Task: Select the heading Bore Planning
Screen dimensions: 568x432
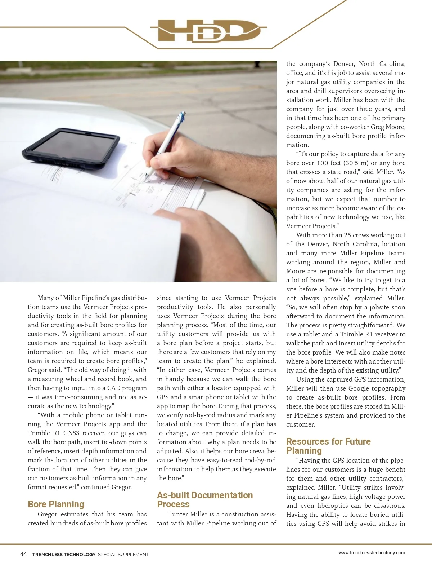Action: pyautogui.click(x=56, y=504)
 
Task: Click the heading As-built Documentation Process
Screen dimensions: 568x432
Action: pyautogui.click(x=205, y=499)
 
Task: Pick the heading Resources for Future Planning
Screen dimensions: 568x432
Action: pyautogui.click(x=328, y=446)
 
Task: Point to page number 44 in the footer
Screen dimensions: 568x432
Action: pyautogui.click(x=23, y=554)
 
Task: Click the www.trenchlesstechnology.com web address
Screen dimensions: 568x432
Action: pyautogui.click(x=372, y=552)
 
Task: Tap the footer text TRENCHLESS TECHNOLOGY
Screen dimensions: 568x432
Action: pyautogui.click(x=64, y=555)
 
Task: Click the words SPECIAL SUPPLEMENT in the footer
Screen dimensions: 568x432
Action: pyautogui.click(x=123, y=555)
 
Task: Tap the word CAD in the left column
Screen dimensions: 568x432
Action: pyautogui.click(x=114, y=388)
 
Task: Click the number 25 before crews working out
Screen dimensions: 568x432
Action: pyautogui.click(x=347, y=235)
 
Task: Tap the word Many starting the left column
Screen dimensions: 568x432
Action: pyautogui.click(x=46, y=298)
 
